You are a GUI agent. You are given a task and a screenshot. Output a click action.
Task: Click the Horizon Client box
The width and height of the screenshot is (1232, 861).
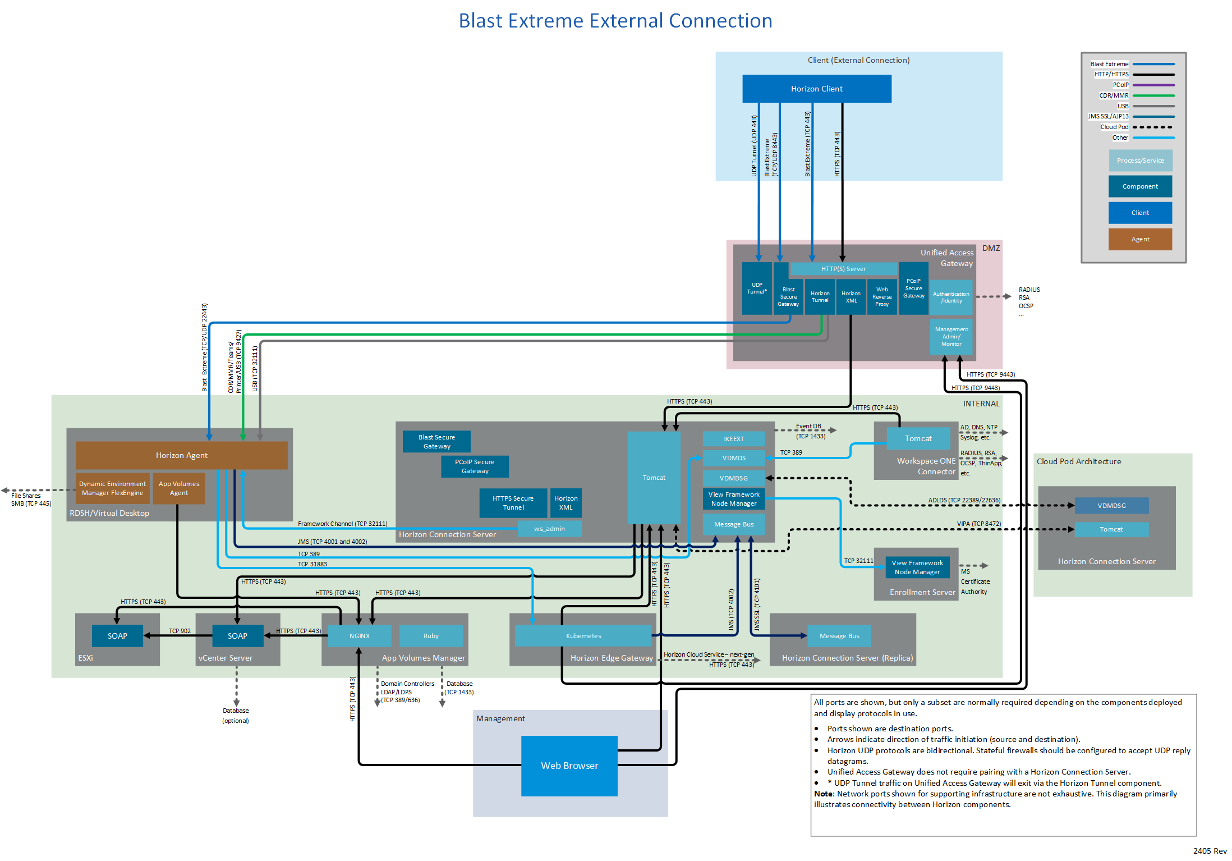pyautogui.click(x=816, y=89)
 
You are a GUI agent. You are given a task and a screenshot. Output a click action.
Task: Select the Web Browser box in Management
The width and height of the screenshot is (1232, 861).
pyautogui.click(x=569, y=766)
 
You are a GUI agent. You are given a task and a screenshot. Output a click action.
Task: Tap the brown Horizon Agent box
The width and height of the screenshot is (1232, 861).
pyautogui.click(x=181, y=455)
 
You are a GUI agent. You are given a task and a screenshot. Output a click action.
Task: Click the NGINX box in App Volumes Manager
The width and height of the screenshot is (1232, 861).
pyautogui.click(x=359, y=636)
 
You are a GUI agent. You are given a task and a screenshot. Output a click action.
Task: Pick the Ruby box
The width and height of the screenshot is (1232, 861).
pyautogui.click(x=431, y=636)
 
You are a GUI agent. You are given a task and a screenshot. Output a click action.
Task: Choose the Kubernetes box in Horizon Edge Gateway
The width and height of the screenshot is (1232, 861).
pyautogui.click(x=583, y=636)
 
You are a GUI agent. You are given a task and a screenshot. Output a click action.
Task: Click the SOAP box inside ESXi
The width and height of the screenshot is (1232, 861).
pyautogui.click(x=117, y=636)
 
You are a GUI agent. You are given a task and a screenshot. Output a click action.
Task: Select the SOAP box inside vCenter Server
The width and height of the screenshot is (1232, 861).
pyautogui.click(x=237, y=636)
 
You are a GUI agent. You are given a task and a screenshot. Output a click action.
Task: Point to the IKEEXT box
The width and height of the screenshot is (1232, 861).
pyautogui.click(x=734, y=439)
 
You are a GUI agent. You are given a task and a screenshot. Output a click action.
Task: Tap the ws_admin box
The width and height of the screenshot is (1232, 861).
pyautogui.click(x=549, y=529)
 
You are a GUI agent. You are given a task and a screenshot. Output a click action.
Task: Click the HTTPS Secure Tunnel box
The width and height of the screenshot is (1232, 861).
pyautogui.click(x=513, y=503)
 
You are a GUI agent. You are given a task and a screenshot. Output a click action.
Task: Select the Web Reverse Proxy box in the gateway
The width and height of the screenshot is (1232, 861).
pyautogui.click(x=882, y=297)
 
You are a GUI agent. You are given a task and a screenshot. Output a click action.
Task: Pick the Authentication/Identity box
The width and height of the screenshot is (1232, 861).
pyautogui.click(x=951, y=297)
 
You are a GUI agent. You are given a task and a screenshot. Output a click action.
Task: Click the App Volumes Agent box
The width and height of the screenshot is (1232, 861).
pyautogui.click(x=179, y=488)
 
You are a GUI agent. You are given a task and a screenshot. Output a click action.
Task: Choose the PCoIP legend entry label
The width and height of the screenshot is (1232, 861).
pyautogui.click(x=1120, y=85)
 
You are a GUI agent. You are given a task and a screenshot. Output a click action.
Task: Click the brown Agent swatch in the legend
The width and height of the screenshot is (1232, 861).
pyautogui.click(x=1140, y=239)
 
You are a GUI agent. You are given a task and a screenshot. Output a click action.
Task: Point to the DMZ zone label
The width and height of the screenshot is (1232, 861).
pyautogui.click(x=991, y=248)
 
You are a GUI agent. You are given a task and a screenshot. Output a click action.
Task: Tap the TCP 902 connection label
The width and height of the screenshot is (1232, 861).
pyautogui.click(x=180, y=631)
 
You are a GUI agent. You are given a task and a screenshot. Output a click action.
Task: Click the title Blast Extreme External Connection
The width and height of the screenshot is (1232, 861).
pyautogui.click(x=615, y=21)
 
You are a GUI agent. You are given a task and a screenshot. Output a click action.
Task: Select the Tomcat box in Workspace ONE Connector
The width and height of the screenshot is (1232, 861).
pyautogui.click(x=918, y=438)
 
